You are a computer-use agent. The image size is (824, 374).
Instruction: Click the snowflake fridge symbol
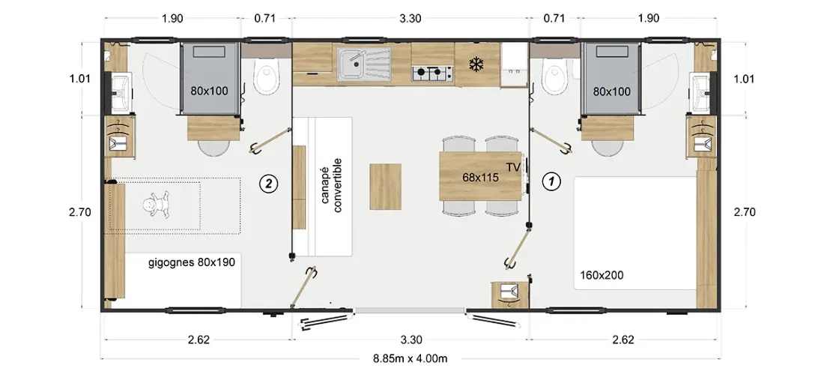click(x=476, y=65)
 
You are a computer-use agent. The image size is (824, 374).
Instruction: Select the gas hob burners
click(x=432, y=74)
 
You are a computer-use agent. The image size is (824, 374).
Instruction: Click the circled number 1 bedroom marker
click(x=551, y=183)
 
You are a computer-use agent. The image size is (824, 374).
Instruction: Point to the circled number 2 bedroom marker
click(x=268, y=184)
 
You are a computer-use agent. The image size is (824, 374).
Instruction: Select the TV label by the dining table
click(x=513, y=168)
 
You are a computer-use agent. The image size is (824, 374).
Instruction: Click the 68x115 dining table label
click(x=480, y=178)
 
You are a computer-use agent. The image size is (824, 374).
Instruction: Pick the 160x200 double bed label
click(x=602, y=274)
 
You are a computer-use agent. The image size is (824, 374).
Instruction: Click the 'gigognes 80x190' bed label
click(x=190, y=262)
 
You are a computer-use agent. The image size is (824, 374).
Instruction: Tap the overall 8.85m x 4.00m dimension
click(x=410, y=359)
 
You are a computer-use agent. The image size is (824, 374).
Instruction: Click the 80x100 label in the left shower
click(x=209, y=91)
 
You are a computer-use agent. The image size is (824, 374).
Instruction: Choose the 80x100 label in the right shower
click(x=612, y=91)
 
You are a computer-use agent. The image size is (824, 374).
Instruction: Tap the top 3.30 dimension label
click(x=410, y=19)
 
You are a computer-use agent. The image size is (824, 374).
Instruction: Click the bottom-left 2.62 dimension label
click(x=199, y=340)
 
